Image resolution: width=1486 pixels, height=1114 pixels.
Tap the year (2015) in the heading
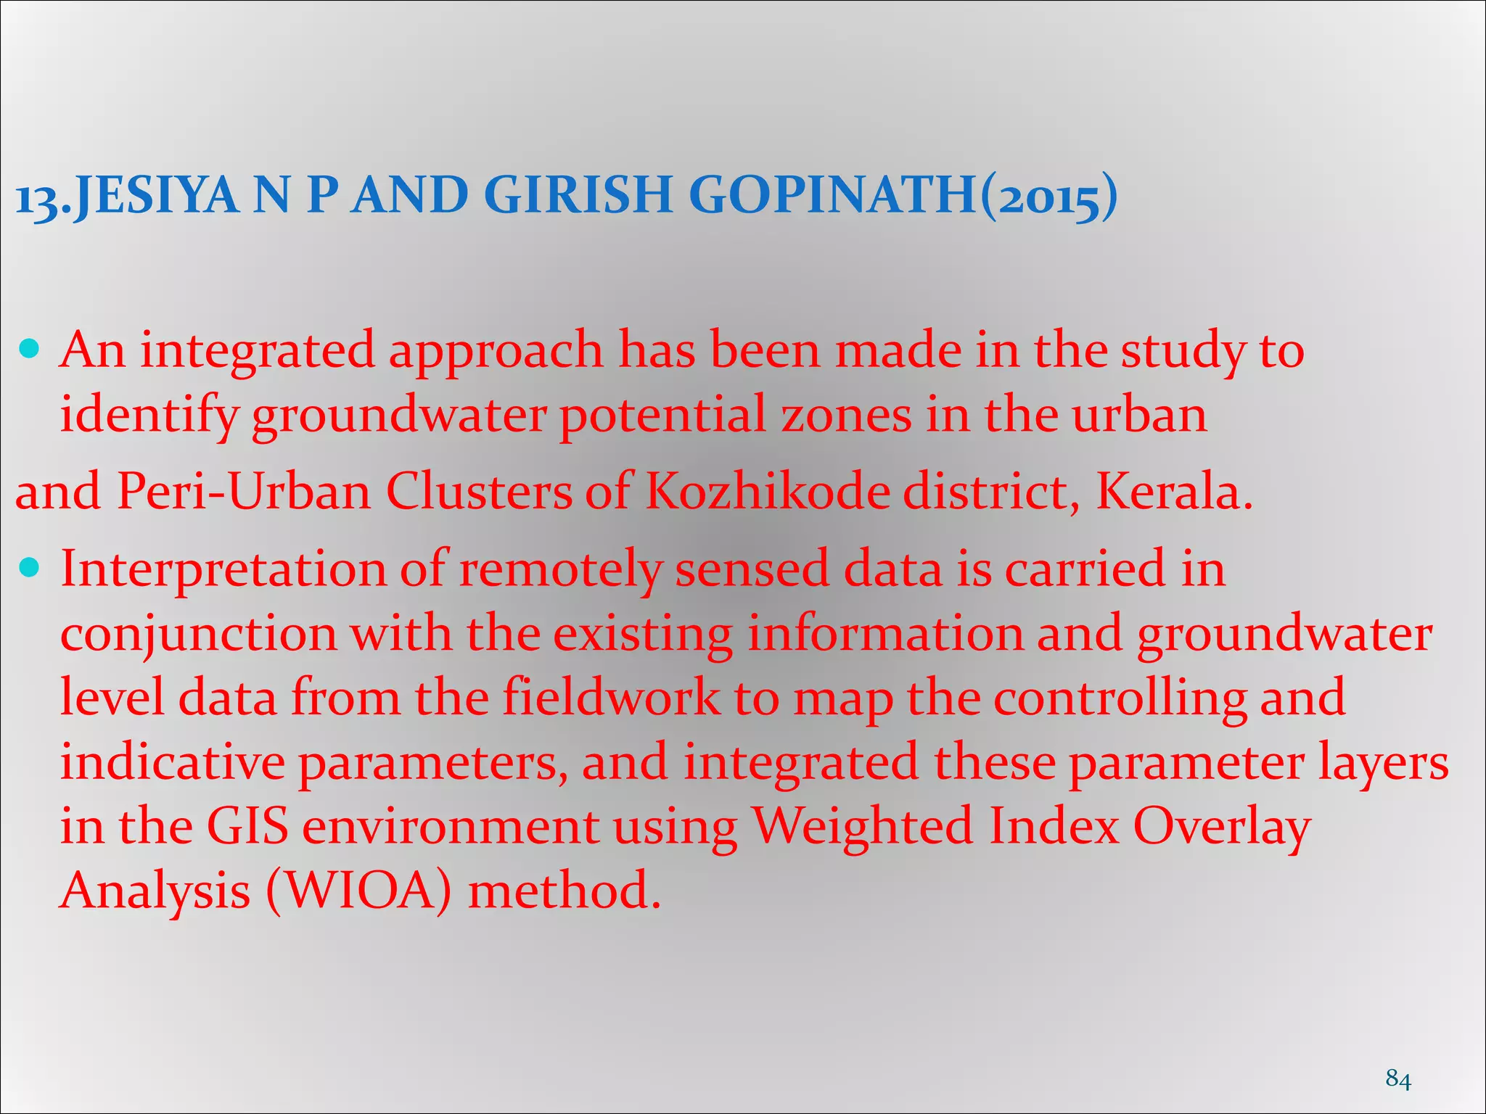[1048, 197]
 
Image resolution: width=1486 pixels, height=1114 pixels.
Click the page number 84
[1398, 1078]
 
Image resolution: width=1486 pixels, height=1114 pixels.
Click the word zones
[846, 416]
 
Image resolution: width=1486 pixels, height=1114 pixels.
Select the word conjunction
[198, 636]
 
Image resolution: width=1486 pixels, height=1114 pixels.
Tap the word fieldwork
[611, 697]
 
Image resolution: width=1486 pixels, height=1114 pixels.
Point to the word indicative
[172, 762]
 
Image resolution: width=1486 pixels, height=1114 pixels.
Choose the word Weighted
[861, 828]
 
